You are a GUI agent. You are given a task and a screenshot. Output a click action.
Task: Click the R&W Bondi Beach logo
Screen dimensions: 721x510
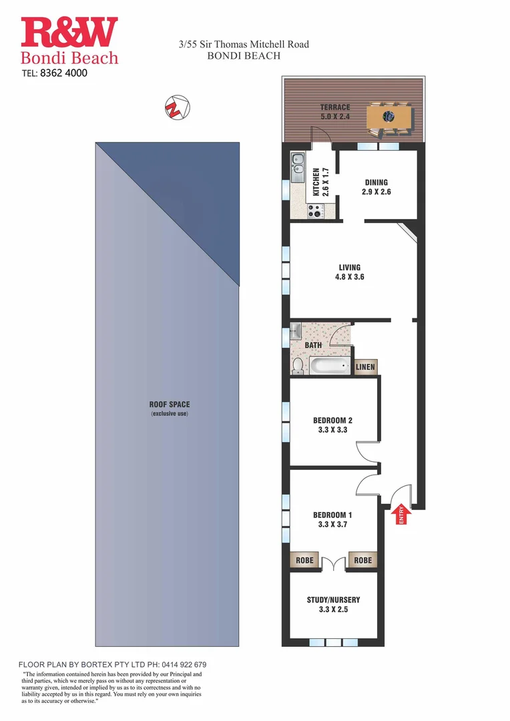pos(69,41)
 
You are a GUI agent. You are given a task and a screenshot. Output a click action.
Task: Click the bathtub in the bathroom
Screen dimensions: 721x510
pos(330,365)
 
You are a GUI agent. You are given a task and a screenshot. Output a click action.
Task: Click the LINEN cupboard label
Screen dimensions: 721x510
pos(365,367)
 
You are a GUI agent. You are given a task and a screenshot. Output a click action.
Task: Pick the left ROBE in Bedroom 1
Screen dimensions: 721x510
pos(304,561)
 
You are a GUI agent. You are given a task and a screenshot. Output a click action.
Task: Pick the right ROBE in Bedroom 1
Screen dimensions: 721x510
pos(362,561)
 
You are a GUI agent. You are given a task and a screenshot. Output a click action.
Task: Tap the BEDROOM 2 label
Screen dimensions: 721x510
pos(332,421)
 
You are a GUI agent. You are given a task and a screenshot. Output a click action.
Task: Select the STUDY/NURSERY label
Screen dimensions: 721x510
pos(333,600)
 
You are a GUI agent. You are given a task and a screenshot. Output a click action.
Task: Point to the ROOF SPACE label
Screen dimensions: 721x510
pos(169,405)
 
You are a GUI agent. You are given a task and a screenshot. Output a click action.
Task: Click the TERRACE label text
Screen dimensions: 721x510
pos(334,107)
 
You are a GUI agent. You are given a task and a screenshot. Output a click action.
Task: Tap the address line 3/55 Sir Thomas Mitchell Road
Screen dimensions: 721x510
pos(244,45)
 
